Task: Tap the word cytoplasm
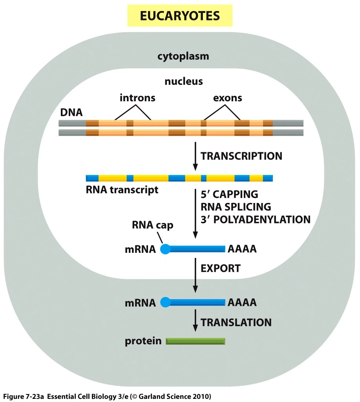[183, 56]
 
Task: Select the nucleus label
[184, 82]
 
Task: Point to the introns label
[137, 98]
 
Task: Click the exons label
[228, 98]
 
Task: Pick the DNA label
[71, 112]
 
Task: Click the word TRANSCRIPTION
[241, 156]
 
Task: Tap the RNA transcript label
[122, 190]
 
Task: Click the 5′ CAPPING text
[229, 194]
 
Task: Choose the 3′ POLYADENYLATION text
[256, 219]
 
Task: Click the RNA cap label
[153, 226]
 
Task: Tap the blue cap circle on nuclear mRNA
[165, 249]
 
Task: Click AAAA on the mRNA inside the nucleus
[242, 249]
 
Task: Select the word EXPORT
[220, 269]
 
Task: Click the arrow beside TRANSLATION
[195, 322]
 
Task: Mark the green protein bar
[196, 341]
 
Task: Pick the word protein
[143, 341]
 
